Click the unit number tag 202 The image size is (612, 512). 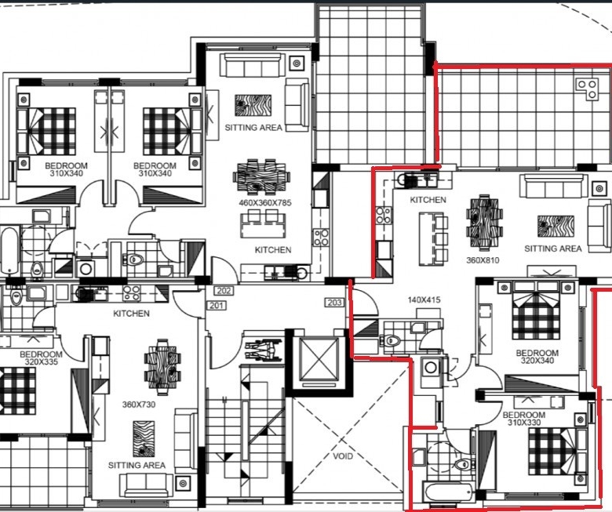click(224, 291)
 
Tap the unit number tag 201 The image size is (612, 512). click(216, 305)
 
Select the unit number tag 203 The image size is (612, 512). click(334, 302)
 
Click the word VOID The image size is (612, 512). click(343, 456)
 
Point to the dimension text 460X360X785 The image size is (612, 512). click(265, 203)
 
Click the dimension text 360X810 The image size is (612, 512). click(483, 260)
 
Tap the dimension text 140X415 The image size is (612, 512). click(424, 300)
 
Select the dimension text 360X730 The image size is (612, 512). click(139, 405)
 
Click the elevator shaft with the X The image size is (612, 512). click(319, 359)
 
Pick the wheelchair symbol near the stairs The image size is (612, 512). click(264, 350)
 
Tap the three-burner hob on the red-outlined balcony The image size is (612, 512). click(587, 89)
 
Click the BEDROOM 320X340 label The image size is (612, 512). click(537, 357)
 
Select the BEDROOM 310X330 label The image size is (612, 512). click(524, 419)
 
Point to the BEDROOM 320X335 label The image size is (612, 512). click(41, 358)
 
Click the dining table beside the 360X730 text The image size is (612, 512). click(162, 366)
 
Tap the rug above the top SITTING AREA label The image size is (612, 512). click(253, 105)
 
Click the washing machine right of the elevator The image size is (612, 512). click(431, 368)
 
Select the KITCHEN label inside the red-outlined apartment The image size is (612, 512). click(428, 200)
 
